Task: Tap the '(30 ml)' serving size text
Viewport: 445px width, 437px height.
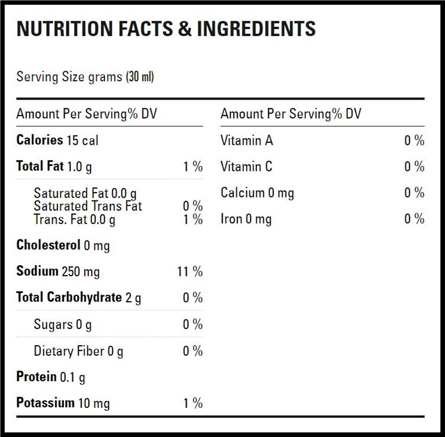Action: (x=140, y=77)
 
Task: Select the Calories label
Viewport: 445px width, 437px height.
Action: (x=39, y=141)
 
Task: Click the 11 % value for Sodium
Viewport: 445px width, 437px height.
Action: (x=190, y=272)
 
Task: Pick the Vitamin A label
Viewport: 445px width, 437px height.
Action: (x=246, y=141)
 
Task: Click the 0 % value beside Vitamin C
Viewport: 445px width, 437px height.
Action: (x=414, y=167)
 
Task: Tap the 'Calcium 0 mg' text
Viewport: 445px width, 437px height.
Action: (x=257, y=193)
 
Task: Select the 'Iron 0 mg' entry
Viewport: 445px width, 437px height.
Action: (x=246, y=219)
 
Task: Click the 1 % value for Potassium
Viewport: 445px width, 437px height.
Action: (x=193, y=403)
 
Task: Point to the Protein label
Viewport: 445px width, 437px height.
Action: (x=36, y=377)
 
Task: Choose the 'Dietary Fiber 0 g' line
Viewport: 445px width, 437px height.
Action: (x=78, y=351)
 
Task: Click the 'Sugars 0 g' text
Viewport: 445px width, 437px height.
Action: (x=62, y=324)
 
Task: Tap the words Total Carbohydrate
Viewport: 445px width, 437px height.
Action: (x=69, y=297)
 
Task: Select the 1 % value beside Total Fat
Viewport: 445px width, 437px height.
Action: (x=193, y=167)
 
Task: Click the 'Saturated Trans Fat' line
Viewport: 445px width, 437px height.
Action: (x=88, y=206)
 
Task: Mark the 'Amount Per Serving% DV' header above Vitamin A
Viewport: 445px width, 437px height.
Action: (x=290, y=114)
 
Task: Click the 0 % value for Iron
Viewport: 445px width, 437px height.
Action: (x=414, y=219)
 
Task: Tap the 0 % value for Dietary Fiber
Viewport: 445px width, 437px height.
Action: (x=193, y=351)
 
